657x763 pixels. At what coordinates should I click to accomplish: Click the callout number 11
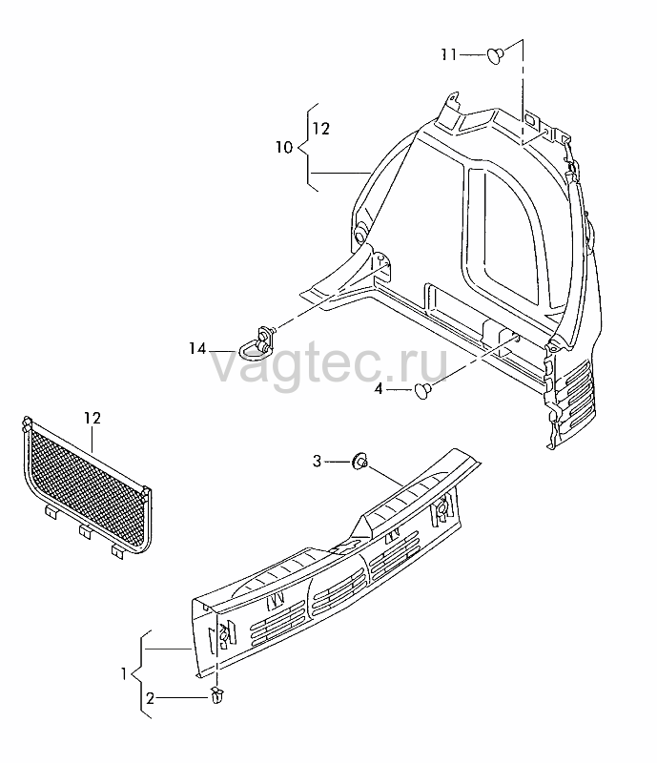click(449, 54)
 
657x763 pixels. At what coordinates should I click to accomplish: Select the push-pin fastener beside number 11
click(496, 55)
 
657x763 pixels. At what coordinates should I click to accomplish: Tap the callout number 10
click(284, 147)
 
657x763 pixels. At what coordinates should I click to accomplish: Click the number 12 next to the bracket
click(321, 129)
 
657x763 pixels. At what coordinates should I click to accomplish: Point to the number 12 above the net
click(92, 418)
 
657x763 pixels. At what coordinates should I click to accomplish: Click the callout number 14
click(198, 348)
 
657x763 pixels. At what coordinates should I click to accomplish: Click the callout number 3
click(317, 461)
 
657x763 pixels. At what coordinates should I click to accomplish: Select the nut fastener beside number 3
click(360, 460)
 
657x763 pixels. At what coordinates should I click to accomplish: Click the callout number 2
click(150, 699)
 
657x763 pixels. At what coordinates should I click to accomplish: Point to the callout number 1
click(124, 674)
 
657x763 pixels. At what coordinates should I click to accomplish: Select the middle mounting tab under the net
click(86, 531)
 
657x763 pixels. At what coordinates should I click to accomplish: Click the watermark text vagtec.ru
click(329, 362)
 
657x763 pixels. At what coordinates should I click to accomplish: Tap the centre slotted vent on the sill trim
click(339, 588)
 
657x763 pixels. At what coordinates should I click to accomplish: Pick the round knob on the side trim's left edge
click(361, 234)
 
